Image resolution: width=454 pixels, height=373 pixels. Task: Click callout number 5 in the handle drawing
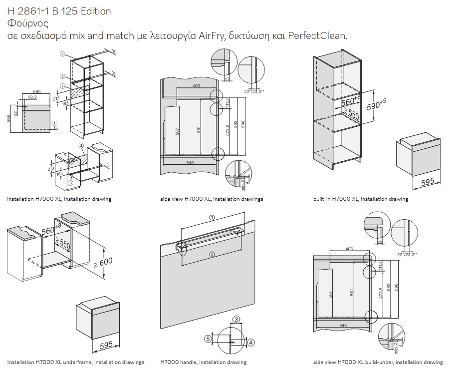(208, 338)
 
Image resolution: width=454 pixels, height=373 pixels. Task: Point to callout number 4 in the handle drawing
(251, 342)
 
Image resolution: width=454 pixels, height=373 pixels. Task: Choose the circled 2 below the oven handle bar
(212, 255)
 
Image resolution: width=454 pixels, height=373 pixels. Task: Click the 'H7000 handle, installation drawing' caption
(204, 362)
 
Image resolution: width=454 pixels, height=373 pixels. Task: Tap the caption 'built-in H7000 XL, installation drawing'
(360, 199)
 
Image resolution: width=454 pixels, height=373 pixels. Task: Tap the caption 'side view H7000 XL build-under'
(378, 362)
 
